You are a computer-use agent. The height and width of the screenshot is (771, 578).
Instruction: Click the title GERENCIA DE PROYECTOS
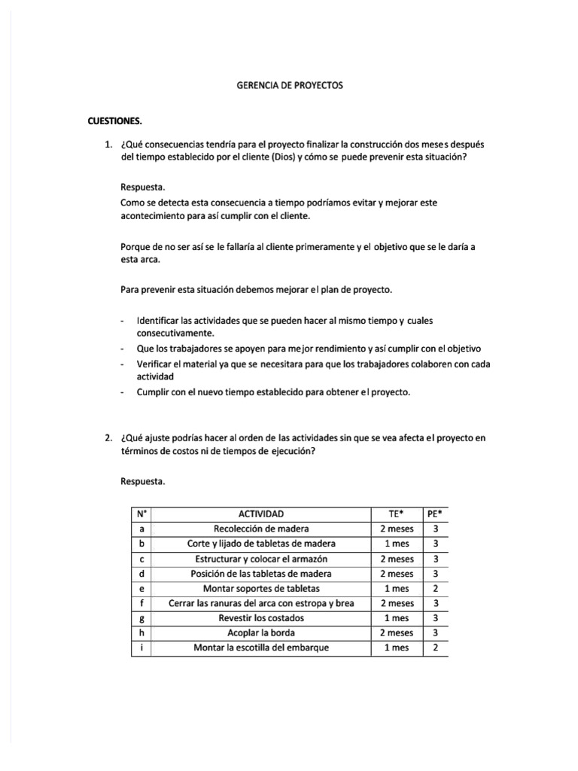[x=290, y=86]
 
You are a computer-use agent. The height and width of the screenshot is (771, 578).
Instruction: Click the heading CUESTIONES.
[x=114, y=120]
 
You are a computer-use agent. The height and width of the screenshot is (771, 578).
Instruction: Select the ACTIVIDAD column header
[x=260, y=513]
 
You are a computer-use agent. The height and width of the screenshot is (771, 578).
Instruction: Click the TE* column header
[x=395, y=513]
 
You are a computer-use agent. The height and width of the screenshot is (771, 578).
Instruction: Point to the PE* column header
[x=434, y=513]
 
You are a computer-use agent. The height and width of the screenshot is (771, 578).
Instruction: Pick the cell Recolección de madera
[x=260, y=529]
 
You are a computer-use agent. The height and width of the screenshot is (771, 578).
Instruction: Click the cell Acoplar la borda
[x=260, y=633]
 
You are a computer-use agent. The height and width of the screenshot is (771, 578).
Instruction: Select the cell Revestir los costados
[x=260, y=618]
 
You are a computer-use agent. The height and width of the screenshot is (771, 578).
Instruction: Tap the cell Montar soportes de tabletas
[x=260, y=588]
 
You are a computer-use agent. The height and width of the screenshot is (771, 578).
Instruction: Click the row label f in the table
[x=141, y=603]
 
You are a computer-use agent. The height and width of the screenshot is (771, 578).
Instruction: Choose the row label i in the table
[x=141, y=648]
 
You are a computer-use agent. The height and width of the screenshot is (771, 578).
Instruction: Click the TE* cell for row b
[x=395, y=544]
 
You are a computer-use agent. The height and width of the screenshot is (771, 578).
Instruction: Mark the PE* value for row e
[x=434, y=588]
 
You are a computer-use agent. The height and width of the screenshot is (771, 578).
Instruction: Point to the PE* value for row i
[x=434, y=648]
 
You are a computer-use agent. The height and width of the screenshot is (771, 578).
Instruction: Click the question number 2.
[x=109, y=438]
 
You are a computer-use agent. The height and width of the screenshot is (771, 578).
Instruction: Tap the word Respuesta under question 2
[x=142, y=480]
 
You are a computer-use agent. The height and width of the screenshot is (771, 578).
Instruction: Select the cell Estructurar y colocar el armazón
[x=260, y=559]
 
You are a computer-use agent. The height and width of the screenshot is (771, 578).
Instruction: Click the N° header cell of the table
[x=141, y=513]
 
